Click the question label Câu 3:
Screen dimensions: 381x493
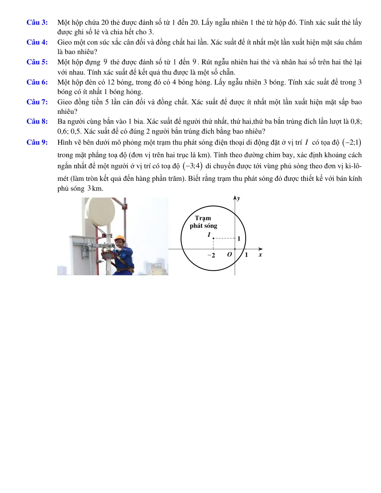coord(37,22)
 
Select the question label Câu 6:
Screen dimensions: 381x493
coord(37,82)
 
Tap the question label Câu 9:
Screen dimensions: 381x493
coord(37,142)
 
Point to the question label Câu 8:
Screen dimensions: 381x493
coord(37,121)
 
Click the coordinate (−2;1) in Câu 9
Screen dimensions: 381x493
coord(352,142)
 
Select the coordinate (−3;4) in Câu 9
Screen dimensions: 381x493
coord(193,166)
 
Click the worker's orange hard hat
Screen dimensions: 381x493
coord(120,238)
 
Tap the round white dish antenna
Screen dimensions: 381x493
coord(100,211)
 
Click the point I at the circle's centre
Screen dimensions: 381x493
coord(213,238)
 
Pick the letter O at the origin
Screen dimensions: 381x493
coord(230,255)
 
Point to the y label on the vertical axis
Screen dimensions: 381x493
coord(239,198)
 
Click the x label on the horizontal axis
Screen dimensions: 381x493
coord(260,255)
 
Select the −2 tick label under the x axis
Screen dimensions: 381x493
coord(211,255)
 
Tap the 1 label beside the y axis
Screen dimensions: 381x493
coord(239,239)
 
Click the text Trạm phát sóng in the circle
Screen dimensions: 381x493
coord(203,222)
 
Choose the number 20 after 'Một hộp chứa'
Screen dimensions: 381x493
coord(105,22)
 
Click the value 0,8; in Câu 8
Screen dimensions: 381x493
coord(356,121)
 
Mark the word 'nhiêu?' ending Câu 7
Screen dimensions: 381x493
coord(67,112)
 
